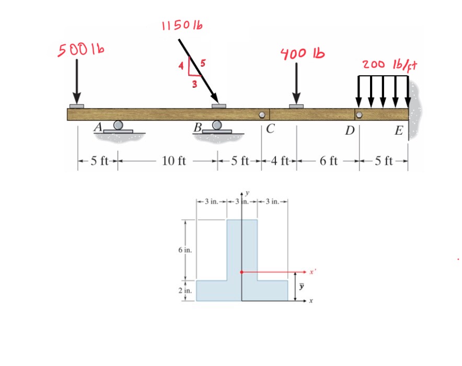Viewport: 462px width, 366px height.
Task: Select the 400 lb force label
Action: click(x=302, y=53)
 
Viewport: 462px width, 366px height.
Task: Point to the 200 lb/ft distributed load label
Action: click(x=391, y=66)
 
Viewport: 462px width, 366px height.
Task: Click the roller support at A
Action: click(x=118, y=126)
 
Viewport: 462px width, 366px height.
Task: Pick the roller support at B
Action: click(x=216, y=126)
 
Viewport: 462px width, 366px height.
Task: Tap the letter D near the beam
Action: click(x=349, y=130)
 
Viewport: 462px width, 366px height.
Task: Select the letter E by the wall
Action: click(x=398, y=131)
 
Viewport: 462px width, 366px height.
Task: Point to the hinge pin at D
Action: click(x=359, y=114)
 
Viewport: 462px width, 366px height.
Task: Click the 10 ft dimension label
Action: click(x=174, y=160)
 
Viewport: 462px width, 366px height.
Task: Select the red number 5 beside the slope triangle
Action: click(x=203, y=64)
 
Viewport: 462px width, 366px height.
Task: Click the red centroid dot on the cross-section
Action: click(x=241, y=272)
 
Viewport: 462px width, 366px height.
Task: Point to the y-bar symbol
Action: click(x=301, y=286)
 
